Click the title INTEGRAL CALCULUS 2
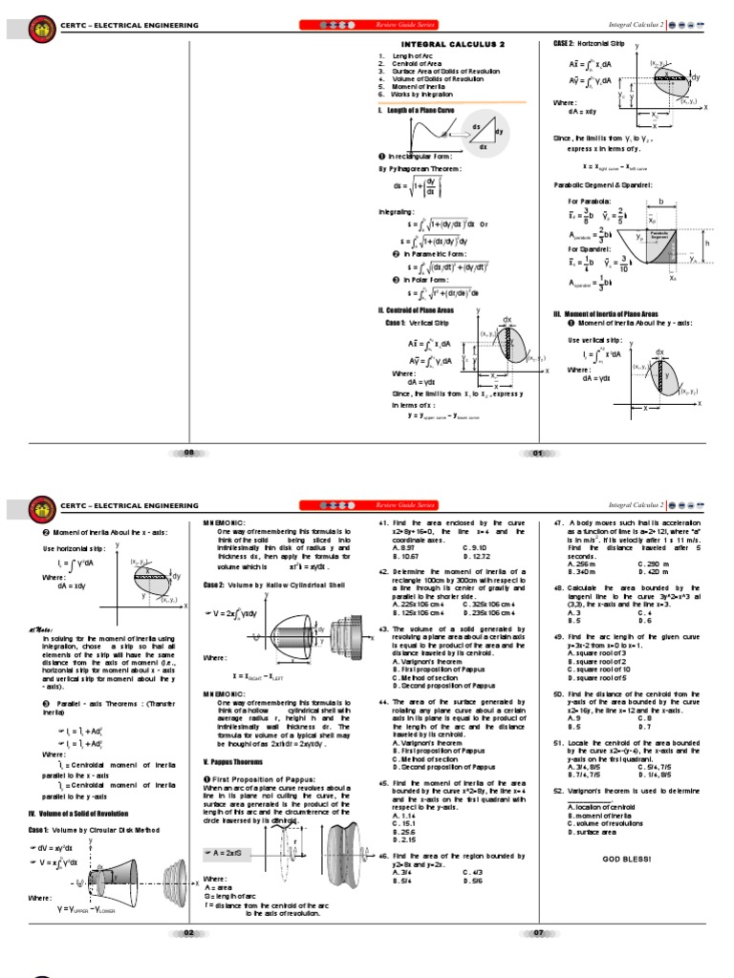[452, 45]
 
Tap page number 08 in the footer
[188, 453]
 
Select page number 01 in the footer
[537, 453]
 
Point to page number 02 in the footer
[188, 932]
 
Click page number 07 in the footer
[537, 932]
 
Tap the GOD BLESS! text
[626, 860]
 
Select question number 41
[383, 524]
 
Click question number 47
[558, 524]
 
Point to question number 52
[558, 792]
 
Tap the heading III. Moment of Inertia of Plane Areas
[607, 313]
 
